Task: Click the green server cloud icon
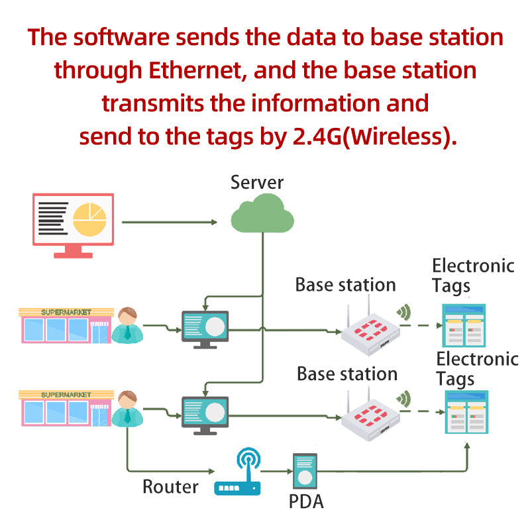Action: point(262,214)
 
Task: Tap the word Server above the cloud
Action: point(257,182)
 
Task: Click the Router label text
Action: point(170,488)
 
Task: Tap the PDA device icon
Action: point(305,472)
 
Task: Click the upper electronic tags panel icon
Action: point(464,325)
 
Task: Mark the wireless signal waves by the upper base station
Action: point(403,311)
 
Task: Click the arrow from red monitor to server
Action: point(170,222)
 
